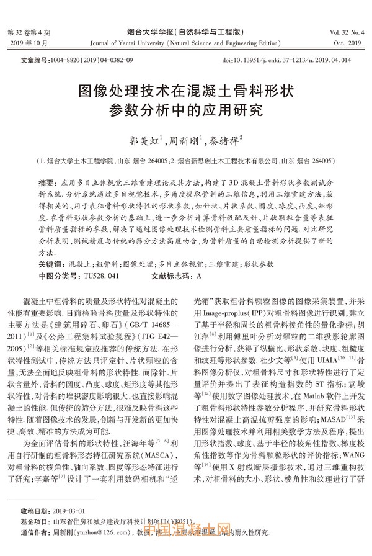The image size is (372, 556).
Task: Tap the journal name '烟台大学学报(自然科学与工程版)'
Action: click(x=185, y=31)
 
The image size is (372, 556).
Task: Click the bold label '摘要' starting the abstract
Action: click(x=46, y=184)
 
